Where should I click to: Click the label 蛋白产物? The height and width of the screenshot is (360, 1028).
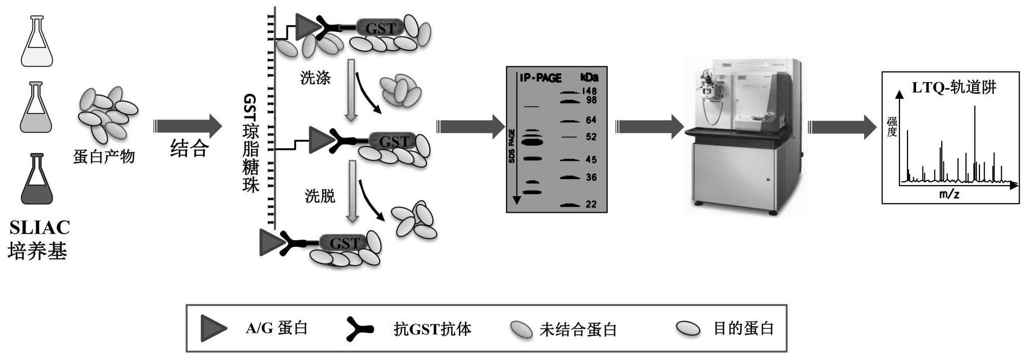point(104,157)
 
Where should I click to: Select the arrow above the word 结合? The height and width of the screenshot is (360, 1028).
point(188,126)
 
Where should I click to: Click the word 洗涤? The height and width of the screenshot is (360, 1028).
point(316,78)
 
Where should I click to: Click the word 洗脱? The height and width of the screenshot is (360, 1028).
point(320,196)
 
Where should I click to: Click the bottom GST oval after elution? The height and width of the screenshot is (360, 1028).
point(344,243)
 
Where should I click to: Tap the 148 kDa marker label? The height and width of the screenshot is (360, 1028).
point(589,92)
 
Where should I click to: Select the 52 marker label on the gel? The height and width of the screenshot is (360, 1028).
point(591,137)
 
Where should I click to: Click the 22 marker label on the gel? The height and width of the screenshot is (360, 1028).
point(591,204)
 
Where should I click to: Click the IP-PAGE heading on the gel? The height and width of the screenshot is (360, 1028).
point(541,78)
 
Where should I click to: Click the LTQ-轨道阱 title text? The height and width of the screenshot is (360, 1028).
point(954,87)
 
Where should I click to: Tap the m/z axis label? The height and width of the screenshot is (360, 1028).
point(949,194)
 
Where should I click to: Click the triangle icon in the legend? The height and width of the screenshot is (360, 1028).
point(214,328)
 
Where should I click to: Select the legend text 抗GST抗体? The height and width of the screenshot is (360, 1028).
point(432,329)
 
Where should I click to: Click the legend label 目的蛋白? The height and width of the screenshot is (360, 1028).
point(743,328)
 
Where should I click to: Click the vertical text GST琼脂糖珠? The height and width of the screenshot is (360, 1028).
point(251,143)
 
